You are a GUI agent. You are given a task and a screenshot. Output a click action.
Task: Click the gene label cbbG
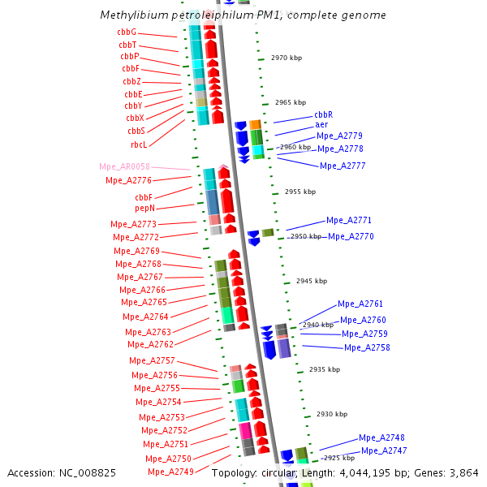click(x=127, y=32)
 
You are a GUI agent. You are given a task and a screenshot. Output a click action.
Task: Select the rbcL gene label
click(x=139, y=144)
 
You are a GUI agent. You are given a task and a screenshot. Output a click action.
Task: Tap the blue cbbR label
click(x=324, y=114)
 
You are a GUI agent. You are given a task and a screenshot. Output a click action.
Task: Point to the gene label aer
click(x=321, y=125)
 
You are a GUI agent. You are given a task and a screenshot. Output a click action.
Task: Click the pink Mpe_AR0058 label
click(x=124, y=166)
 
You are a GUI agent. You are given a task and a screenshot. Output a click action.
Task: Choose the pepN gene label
click(x=144, y=209)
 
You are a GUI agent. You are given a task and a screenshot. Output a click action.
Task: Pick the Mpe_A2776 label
click(x=128, y=180)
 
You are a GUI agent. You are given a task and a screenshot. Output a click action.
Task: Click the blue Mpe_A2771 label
click(x=349, y=220)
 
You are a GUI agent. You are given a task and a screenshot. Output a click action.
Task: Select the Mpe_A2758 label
click(x=367, y=347)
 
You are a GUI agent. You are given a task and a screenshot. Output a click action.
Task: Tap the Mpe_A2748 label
click(x=381, y=437)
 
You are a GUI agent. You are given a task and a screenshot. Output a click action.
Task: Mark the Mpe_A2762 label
click(x=151, y=344)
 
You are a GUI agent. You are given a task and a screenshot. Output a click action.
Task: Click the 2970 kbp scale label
click(x=287, y=58)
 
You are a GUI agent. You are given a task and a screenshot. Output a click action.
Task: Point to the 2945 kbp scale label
click(x=312, y=281)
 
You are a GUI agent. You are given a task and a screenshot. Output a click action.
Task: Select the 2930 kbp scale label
click(x=332, y=414)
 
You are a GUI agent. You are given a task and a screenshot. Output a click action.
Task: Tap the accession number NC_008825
click(x=88, y=473)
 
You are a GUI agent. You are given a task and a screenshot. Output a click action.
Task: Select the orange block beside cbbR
click(x=256, y=125)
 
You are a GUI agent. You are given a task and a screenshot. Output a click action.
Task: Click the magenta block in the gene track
click(x=246, y=431)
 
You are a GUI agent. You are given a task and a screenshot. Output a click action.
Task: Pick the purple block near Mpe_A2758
click(x=284, y=348)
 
